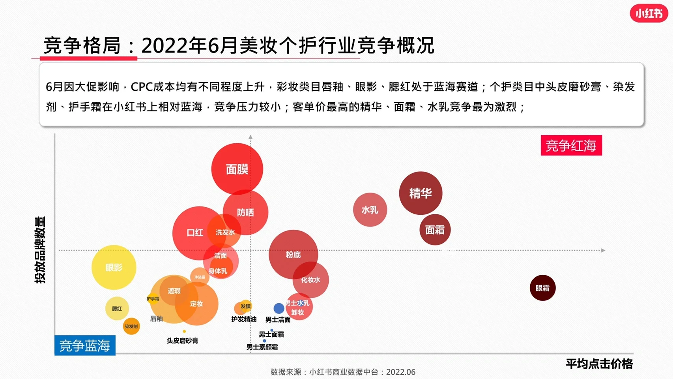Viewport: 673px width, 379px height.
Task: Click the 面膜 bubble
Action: coord(237,169)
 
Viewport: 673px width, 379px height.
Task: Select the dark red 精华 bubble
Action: coord(421,193)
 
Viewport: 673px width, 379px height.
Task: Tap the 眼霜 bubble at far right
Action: coord(542,288)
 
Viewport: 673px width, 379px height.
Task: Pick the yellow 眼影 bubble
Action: coord(114,267)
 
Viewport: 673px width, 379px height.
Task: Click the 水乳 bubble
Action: coord(370,210)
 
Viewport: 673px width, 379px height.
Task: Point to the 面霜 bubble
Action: coord(435,230)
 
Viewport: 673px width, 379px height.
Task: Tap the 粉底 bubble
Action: coord(293,255)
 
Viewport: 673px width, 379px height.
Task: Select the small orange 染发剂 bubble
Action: coord(131,326)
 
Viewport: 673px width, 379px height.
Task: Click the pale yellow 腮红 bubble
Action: coord(117,308)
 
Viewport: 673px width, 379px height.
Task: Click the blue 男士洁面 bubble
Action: coord(279,308)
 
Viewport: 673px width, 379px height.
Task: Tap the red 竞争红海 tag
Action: coord(571,146)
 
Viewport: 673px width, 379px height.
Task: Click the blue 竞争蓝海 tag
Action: coord(85,345)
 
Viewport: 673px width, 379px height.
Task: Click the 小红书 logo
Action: coord(649,14)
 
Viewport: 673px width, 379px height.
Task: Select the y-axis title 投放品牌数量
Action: coord(40,250)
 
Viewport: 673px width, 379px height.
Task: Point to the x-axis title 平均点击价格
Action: coord(599,364)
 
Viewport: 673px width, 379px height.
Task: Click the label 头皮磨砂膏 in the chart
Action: coord(182,340)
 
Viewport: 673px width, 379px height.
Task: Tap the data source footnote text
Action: coord(343,372)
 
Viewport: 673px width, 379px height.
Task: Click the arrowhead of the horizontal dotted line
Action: coord(603,250)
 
